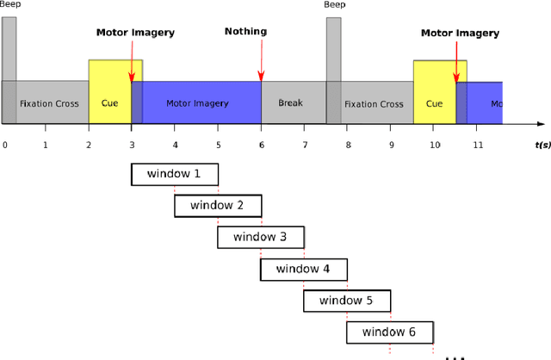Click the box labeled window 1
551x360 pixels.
point(174,174)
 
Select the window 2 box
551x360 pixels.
point(217,206)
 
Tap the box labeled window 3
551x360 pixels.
point(260,237)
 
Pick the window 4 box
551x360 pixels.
point(303,269)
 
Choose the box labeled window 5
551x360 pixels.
point(346,301)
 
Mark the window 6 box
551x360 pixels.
point(389,332)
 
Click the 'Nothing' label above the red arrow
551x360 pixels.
point(245,32)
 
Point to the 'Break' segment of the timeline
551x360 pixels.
point(291,103)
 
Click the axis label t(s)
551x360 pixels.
point(542,145)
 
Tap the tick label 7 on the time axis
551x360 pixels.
point(305,145)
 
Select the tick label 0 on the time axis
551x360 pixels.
point(4,145)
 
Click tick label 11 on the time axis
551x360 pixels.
point(478,145)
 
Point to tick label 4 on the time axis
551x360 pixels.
point(175,145)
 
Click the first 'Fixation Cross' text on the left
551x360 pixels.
point(49,104)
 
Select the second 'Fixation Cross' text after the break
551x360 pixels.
point(374,104)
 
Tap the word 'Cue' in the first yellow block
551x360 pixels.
point(109,104)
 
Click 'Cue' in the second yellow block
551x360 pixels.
point(434,104)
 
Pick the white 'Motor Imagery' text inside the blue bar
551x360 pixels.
point(197,104)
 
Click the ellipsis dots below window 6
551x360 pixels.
point(455,356)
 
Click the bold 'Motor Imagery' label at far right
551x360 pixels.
point(460,34)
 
